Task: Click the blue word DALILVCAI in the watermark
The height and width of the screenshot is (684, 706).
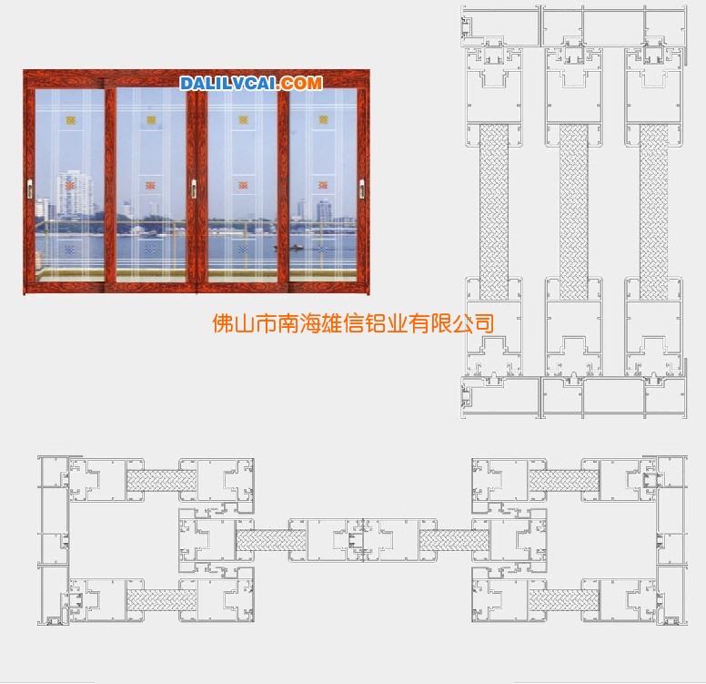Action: coord(228,84)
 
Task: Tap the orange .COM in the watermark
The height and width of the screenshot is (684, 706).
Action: coord(300,84)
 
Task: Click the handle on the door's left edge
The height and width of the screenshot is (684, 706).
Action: coord(31,189)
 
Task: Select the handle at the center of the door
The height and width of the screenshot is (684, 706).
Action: coord(194,189)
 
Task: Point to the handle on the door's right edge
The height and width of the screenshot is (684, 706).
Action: coord(361,189)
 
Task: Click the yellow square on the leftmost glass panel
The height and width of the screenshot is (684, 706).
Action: coord(71,120)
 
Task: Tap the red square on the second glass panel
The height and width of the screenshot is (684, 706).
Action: coord(150,185)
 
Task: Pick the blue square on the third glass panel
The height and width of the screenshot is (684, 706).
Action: coord(243,249)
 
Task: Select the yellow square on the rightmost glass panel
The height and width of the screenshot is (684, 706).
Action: coord(323,119)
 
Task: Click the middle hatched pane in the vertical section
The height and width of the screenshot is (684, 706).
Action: coord(573,212)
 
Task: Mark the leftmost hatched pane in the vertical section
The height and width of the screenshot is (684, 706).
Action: coord(494,212)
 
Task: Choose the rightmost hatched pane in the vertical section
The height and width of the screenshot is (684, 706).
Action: coord(654,212)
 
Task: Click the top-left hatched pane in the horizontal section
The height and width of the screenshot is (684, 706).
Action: coord(162,481)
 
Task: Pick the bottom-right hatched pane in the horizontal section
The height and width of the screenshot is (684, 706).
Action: coord(564,600)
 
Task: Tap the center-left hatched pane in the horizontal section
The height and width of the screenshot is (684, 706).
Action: coord(271,540)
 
